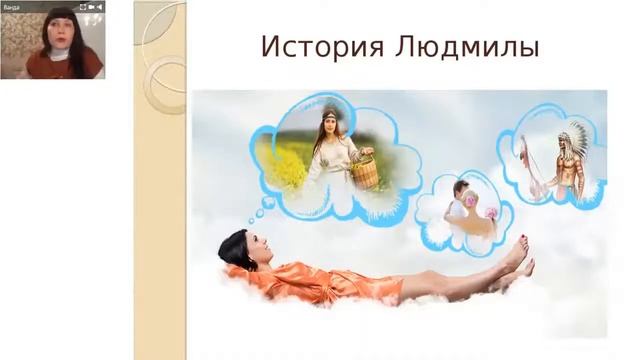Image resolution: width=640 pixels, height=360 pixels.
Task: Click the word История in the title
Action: pos(311,47)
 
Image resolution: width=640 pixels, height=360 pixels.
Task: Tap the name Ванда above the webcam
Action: pos(12,6)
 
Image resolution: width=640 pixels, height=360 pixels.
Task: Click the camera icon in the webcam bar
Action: pos(90,6)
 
